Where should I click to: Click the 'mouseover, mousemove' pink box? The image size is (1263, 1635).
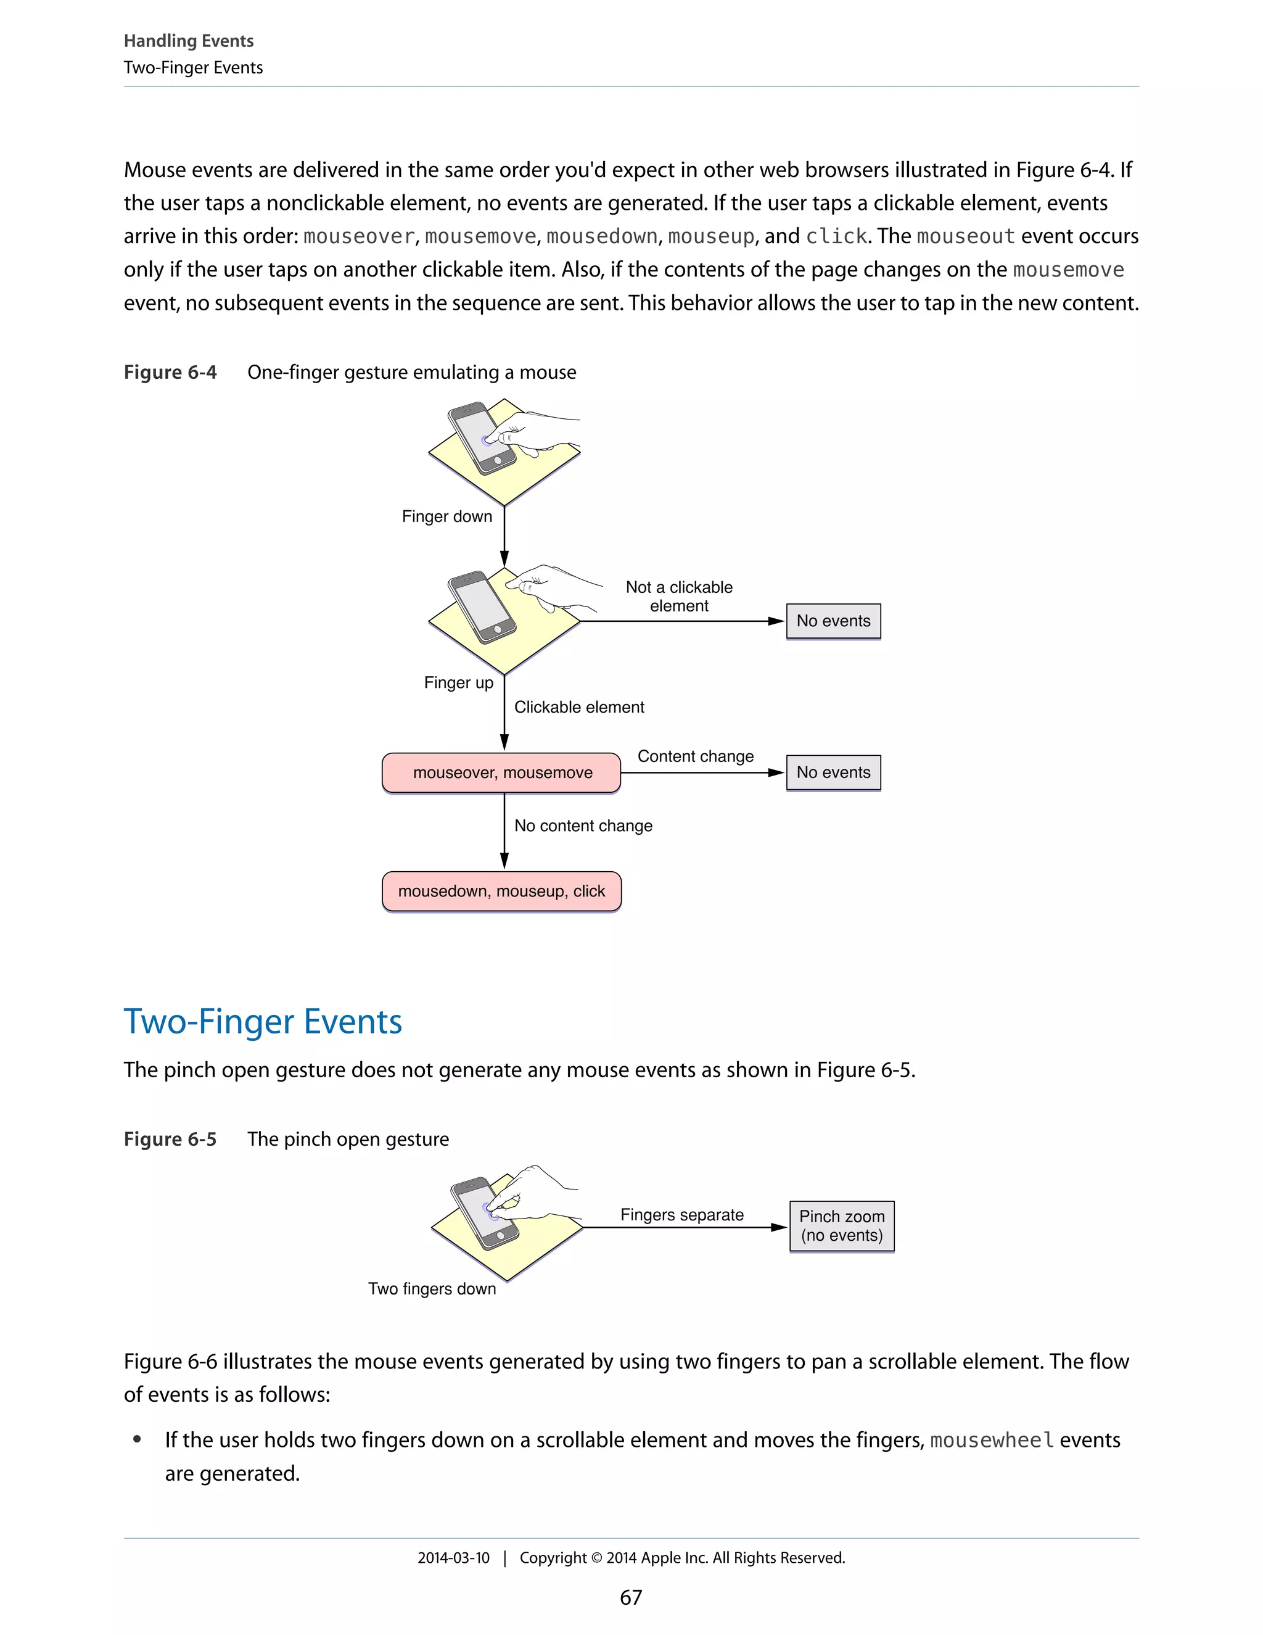click(x=501, y=772)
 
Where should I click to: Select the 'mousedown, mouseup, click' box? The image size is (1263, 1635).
click(x=501, y=891)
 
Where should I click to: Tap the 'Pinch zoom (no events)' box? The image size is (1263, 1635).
click(x=842, y=1225)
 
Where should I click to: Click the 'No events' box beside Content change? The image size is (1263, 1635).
click(x=834, y=772)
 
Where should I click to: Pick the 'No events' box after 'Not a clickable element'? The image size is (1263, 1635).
click(x=834, y=621)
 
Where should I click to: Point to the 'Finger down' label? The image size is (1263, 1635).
click(x=446, y=516)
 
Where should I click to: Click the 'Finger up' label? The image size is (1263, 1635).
click(x=459, y=683)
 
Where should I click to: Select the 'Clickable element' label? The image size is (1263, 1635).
click(x=579, y=708)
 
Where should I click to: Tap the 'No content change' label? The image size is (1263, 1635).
click(x=583, y=826)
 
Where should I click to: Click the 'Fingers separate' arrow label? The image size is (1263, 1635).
click(x=681, y=1215)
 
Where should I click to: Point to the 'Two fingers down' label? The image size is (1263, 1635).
click(x=432, y=1288)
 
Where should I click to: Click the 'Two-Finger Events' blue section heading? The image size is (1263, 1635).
click(x=263, y=1022)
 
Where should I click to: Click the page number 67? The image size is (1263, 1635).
click(x=631, y=1597)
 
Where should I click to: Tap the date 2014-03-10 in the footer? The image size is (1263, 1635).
click(x=453, y=1558)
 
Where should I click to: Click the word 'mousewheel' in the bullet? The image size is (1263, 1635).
click(x=992, y=1441)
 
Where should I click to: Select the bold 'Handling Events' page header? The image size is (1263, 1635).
click(x=189, y=41)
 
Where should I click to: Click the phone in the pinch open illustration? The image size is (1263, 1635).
click(x=484, y=1213)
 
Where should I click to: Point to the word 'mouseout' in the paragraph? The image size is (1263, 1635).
click(x=966, y=236)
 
